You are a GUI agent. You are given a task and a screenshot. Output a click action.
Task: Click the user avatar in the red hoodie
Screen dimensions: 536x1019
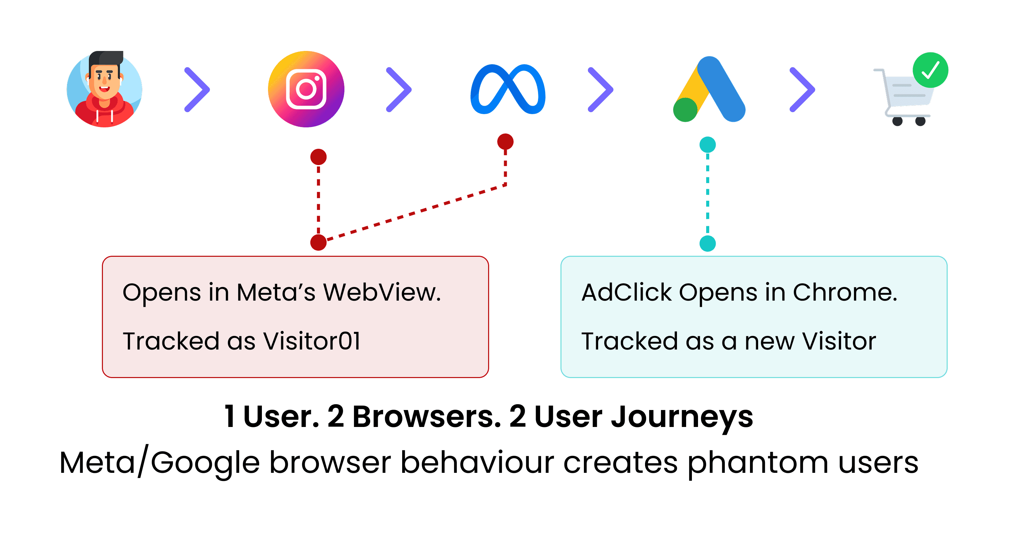coord(104,89)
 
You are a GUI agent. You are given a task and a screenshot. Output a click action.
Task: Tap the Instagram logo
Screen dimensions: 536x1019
coord(306,89)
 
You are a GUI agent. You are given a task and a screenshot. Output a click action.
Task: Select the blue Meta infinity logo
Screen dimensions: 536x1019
coord(508,89)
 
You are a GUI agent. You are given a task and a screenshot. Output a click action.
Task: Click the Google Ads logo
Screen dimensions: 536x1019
coord(709,89)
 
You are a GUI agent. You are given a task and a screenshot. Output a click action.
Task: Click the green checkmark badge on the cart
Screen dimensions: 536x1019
coord(930,70)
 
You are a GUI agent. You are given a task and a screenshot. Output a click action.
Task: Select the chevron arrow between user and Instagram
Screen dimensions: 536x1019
coord(197,90)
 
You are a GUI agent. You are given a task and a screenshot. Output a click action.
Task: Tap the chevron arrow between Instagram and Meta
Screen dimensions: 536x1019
coord(399,90)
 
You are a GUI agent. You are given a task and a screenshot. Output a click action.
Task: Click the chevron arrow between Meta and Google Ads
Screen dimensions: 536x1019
coord(601,90)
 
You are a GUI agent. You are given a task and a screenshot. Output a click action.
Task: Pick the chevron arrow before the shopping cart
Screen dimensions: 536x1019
coord(802,90)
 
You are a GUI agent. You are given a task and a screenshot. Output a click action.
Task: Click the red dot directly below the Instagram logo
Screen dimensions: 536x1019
coord(319,157)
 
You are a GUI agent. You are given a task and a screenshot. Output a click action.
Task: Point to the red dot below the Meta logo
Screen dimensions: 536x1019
coord(505,142)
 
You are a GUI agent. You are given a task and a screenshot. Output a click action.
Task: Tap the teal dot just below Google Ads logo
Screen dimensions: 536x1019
coord(708,145)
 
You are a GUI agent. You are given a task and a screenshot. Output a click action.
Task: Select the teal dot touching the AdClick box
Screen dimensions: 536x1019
coord(708,243)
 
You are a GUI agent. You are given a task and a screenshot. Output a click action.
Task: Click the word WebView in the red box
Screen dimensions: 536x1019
coord(382,293)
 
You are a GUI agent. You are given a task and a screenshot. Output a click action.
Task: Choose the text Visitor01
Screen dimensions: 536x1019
coord(312,341)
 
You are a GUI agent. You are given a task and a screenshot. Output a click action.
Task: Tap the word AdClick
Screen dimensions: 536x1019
coord(626,293)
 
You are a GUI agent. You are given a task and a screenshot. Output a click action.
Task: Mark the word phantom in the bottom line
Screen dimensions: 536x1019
coord(757,463)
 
